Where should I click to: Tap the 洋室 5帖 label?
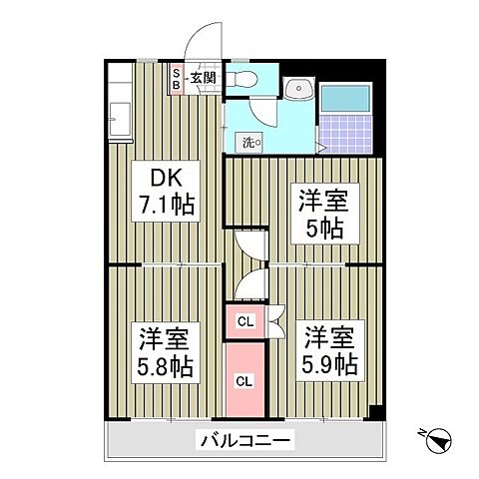[318, 213]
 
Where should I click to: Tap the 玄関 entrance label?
[204, 76]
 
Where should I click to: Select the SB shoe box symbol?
[177, 79]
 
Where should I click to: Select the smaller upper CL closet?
[244, 320]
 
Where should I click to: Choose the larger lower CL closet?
[244, 379]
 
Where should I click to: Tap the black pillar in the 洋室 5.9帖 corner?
[375, 412]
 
